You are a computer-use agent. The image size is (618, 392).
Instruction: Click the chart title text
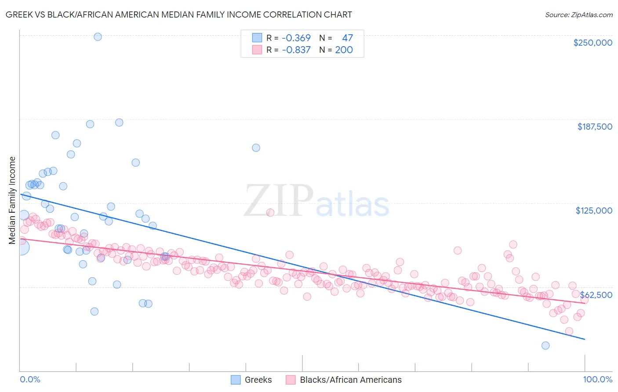178,15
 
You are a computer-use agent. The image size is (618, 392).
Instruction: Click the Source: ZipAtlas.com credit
578,15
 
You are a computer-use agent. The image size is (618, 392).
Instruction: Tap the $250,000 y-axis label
593,43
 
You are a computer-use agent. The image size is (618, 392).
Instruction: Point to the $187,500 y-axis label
594,127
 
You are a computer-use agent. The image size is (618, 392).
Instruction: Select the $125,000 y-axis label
594,211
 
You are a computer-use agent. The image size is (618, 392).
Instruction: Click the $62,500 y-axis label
596,295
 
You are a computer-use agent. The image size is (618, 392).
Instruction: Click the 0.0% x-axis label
30,379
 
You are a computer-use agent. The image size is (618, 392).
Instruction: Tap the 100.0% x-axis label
597,379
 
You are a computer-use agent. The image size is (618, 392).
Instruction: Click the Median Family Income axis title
12,200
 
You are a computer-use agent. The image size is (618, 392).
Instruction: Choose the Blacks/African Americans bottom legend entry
344,380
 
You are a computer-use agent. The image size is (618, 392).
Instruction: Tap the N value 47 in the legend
347,38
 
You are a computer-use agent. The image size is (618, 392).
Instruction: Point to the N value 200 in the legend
344,50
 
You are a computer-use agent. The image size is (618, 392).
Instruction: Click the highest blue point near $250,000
98,37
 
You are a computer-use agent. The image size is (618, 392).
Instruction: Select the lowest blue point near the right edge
545,345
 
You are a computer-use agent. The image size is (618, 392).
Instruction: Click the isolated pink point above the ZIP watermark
270,213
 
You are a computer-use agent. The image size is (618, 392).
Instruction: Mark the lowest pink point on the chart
569,331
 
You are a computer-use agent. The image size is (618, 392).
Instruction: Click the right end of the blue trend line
585,339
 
